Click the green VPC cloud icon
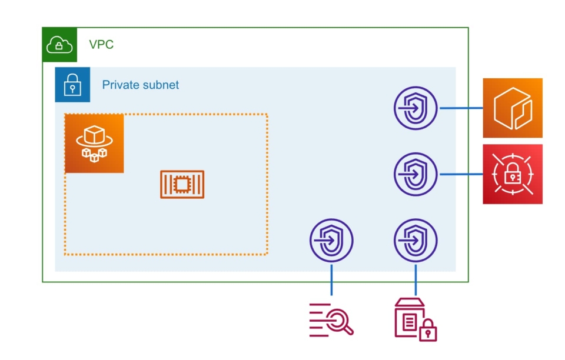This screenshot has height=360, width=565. [x=59, y=44]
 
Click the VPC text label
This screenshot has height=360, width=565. [x=101, y=44]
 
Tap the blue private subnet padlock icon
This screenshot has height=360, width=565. [x=72, y=85]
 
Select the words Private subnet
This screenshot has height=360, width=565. [x=141, y=85]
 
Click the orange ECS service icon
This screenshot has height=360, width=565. [x=94, y=143]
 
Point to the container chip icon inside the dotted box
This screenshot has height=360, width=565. [x=182, y=185]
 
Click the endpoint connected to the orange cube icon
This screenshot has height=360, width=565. [x=416, y=108]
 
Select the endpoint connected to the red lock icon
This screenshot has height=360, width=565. [x=416, y=174]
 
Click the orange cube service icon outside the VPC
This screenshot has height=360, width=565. [x=513, y=108]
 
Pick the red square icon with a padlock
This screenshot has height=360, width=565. [x=513, y=174]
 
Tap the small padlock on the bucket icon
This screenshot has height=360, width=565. [x=428, y=331]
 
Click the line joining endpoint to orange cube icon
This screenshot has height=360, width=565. [x=460, y=108]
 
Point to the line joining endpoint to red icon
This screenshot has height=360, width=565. [x=460, y=174]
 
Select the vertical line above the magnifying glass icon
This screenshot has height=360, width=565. [x=331, y=279]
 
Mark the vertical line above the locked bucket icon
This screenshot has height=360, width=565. [x=416, y=279]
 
